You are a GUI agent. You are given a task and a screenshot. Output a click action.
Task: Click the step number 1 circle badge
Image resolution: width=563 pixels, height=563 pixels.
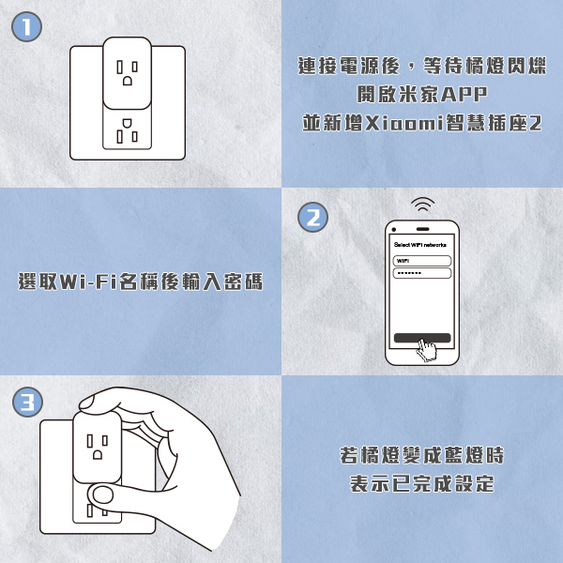click(x=27, y=27)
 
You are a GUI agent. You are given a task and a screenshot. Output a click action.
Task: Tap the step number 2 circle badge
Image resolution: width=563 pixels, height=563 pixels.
click(x=312, y=218)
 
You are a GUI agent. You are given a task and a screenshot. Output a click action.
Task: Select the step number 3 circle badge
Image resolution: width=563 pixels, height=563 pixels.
click(x=27, y=402)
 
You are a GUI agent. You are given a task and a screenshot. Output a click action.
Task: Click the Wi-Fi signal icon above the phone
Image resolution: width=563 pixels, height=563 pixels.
click(x=422, y=204)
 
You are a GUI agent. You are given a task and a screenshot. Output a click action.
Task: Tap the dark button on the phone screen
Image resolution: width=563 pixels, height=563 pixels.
click(x=422, y=338)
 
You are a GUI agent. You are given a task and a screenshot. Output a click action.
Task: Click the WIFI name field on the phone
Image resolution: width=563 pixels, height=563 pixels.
click(x=422, y=261)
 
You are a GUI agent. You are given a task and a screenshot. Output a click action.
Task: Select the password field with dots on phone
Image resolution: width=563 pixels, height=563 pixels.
click(x=422, y=273)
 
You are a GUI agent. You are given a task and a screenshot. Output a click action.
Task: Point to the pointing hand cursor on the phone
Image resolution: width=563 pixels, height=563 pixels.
click(x=427, y=350)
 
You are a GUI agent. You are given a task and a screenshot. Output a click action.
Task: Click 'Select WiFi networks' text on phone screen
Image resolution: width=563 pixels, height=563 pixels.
click(x=420, y=245)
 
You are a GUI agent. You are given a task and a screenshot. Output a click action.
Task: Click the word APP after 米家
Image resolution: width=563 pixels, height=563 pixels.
click(x=464, y=95)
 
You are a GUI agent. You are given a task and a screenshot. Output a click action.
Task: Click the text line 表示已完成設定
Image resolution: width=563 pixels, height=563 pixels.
click(x=422, y=483)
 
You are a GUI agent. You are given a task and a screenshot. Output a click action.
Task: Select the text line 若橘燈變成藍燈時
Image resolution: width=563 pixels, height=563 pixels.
click(x=422, y=455)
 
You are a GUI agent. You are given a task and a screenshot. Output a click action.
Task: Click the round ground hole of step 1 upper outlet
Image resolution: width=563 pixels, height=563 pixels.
click(x=128, y=81)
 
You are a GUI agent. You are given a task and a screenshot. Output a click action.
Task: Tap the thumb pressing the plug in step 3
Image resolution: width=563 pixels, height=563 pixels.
click(x=102, y=495)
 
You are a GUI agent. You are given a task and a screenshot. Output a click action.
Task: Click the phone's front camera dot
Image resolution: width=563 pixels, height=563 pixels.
click(x=394, y=230)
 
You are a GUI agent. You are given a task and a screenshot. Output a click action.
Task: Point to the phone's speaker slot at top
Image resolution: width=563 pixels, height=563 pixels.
click(x=422, y=229)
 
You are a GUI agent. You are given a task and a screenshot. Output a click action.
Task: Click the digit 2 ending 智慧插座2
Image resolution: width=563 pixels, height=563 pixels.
click(x=535, y=123)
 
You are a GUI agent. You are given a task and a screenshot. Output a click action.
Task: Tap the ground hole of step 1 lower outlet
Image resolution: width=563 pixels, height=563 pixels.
click(x=128, y=124)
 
